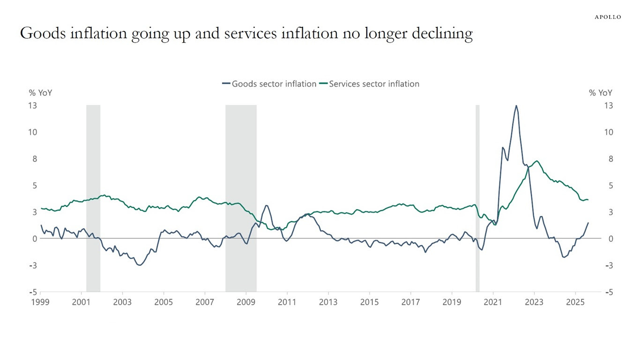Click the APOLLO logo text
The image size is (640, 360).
(608, 17)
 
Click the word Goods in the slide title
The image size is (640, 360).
(41, 34)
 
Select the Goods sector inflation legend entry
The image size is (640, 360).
(269, 84)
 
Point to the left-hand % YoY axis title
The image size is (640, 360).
(41, 93)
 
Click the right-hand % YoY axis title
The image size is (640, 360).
(600, 93)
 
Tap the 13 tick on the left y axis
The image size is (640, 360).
(32, 105)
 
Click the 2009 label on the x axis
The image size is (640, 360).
(246, 302)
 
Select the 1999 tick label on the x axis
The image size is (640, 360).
(40, 302)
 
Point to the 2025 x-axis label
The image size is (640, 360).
(575, 302)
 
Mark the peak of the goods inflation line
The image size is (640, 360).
(516, 105)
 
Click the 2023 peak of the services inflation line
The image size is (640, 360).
(537, 161)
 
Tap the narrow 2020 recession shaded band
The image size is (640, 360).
(477, 197)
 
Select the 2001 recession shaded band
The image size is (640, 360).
(93, 197)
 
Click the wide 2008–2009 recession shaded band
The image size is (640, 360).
(241, 197)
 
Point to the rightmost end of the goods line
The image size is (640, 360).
(588, 223)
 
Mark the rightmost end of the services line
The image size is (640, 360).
(588, 200)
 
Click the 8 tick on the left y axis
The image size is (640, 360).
(34, 159)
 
